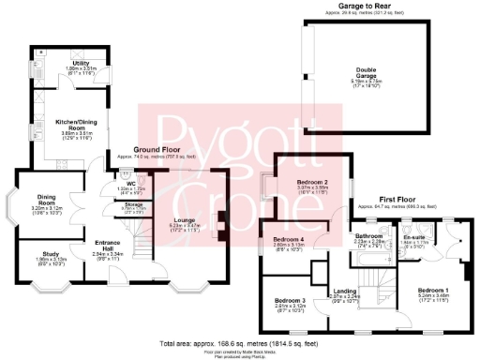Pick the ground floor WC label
pos(132,183)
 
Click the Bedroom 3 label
pos(291,300)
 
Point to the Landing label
pos(347,292)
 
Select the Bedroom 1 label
pos(433,291)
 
